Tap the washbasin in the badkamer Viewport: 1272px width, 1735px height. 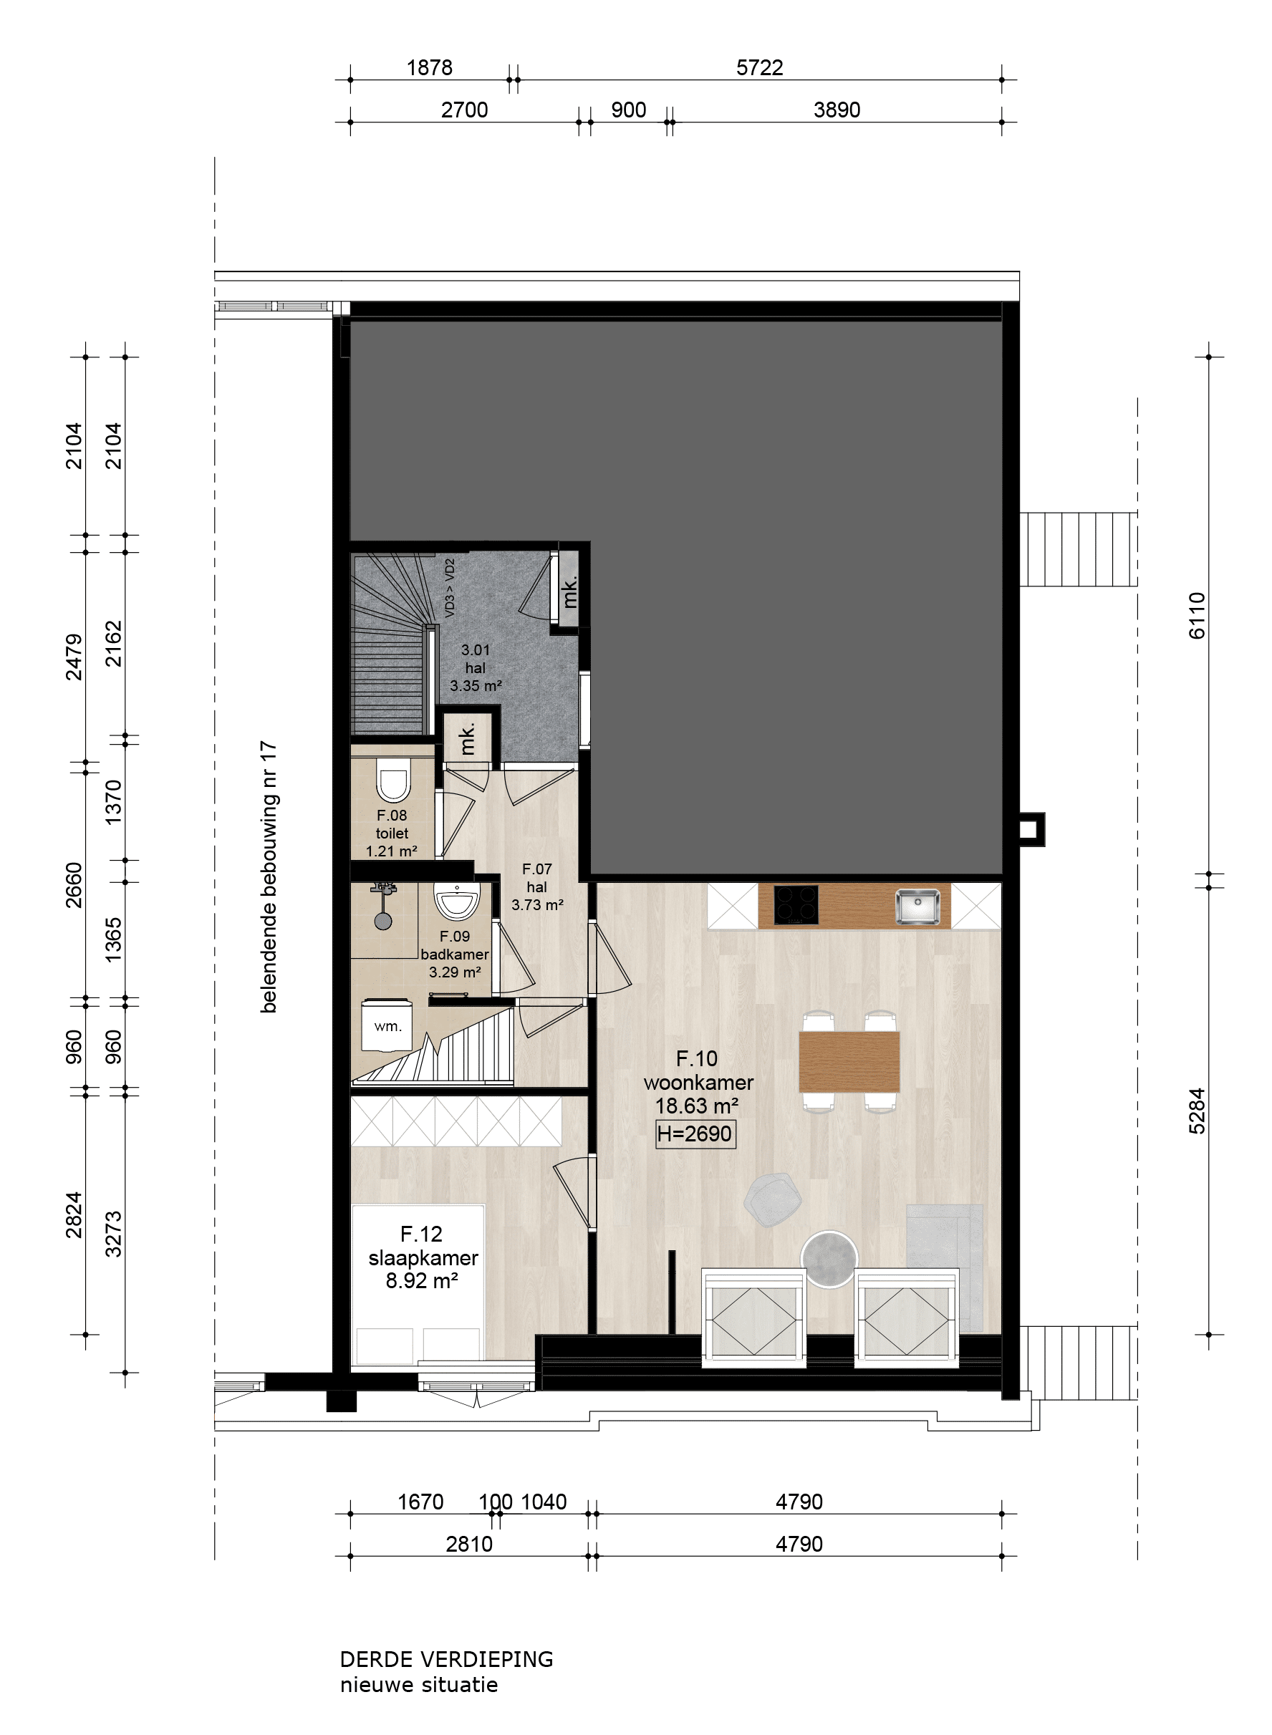coord(457,901)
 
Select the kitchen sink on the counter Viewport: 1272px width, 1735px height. coord(917,905)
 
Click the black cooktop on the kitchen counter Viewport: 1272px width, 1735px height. coord(796,904)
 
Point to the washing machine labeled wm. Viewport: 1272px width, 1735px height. coord(387,1025)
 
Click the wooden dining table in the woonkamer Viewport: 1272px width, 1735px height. coord(849,1061)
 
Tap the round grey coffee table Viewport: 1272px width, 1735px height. coord(829,1259)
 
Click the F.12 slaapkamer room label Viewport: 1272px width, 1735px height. coord(423,1257)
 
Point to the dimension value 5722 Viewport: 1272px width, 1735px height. coord(759,68)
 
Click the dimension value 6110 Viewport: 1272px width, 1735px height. coord(1197,615)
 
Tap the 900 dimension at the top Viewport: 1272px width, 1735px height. coord(628,110)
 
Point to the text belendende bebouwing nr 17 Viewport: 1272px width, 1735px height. coord(268,876)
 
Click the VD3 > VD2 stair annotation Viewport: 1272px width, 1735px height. coord(450,588)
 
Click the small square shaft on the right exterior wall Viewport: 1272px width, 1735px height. coord(1028,829)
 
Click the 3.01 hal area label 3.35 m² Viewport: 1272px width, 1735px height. coord(476,686)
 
